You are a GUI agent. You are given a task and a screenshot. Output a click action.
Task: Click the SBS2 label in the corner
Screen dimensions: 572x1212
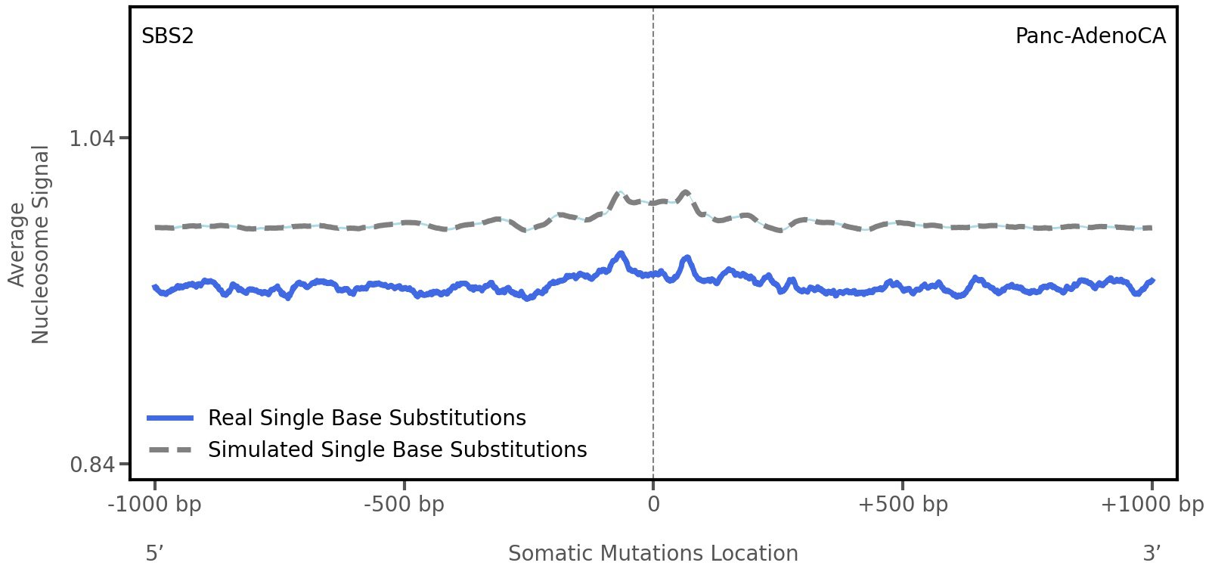(x=168, y=36)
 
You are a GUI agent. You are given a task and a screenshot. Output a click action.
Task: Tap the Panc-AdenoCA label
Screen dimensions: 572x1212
(x=1090, y=36)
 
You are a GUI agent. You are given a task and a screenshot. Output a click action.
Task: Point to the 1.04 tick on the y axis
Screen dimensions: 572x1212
(x=91, y=138)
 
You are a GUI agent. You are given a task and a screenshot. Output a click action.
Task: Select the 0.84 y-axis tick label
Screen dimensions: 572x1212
(x=91, y=464)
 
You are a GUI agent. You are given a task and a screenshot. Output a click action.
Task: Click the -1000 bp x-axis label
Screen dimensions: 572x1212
(x=155, y=505)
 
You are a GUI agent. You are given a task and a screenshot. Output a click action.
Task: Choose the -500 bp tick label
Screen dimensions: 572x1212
(x=404, y=505)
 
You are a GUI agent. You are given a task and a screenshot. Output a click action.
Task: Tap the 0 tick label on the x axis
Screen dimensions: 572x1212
(x=653, y=505)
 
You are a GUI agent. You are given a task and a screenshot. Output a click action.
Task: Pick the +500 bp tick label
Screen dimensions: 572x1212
(x=903, y=505)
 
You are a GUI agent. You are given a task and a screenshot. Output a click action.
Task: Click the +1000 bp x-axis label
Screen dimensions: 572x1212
(x=1152, y=505)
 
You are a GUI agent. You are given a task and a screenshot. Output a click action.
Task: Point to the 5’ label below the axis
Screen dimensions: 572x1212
(x=155, y=553)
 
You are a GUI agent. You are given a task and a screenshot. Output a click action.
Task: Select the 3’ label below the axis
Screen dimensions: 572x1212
(x=1152, y=553)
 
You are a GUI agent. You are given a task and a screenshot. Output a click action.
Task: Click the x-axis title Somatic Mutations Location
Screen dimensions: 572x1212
(x=653, y=554)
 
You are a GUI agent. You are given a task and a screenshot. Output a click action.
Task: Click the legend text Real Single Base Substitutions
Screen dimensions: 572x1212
(x=367, y=418)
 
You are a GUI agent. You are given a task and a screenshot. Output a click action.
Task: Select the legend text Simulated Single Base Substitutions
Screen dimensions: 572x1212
(x=397, y=450)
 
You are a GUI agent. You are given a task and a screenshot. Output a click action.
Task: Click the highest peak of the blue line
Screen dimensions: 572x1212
(x=621, y=253)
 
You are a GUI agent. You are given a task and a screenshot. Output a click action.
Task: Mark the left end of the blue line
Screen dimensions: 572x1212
(x=154, y=287)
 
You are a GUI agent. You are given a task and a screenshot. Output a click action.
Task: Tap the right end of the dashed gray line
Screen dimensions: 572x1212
(x=1151, y=228)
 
